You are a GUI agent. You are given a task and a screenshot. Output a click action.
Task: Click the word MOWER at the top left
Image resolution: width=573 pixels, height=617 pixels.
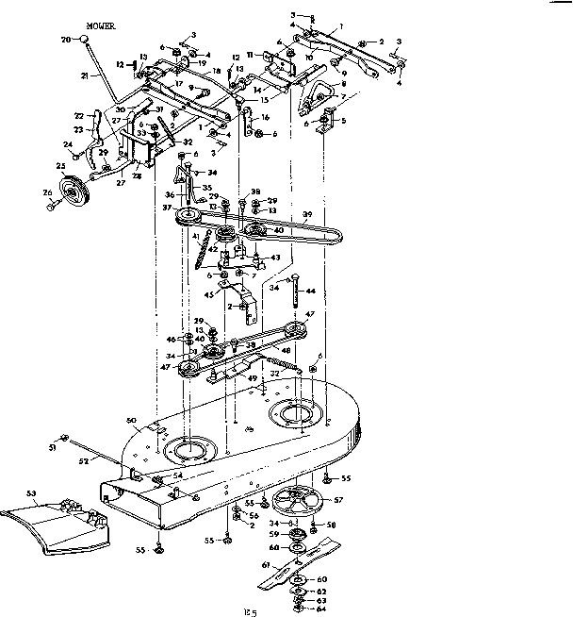tap(101, 28)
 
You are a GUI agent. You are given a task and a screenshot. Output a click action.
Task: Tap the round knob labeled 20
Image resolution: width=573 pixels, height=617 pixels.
tap(85, 39)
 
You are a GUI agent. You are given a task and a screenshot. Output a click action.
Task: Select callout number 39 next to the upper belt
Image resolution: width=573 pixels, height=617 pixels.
tap(305, 215)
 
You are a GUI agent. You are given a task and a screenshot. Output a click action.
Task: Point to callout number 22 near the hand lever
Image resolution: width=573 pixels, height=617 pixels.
tap(79, 116)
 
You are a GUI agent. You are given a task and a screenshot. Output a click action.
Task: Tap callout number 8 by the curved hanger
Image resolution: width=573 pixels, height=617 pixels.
tap(345, 83)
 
